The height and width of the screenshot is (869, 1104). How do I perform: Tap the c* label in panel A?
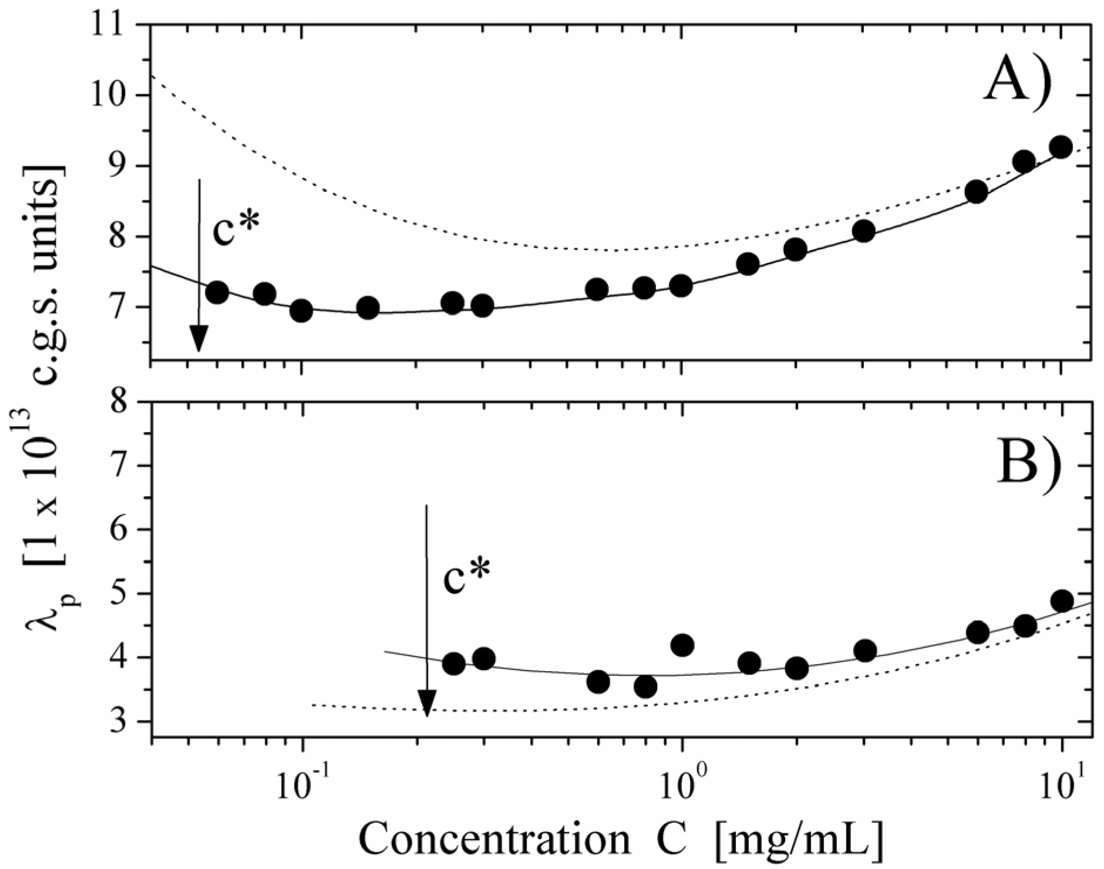click(235, 232)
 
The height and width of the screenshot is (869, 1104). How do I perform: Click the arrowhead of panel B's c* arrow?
click(427, 702)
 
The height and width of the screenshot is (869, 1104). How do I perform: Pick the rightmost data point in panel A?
click(1061, 147)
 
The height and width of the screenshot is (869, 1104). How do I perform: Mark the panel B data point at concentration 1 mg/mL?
click(682, 645)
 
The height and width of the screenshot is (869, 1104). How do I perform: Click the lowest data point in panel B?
click(645, 686)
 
